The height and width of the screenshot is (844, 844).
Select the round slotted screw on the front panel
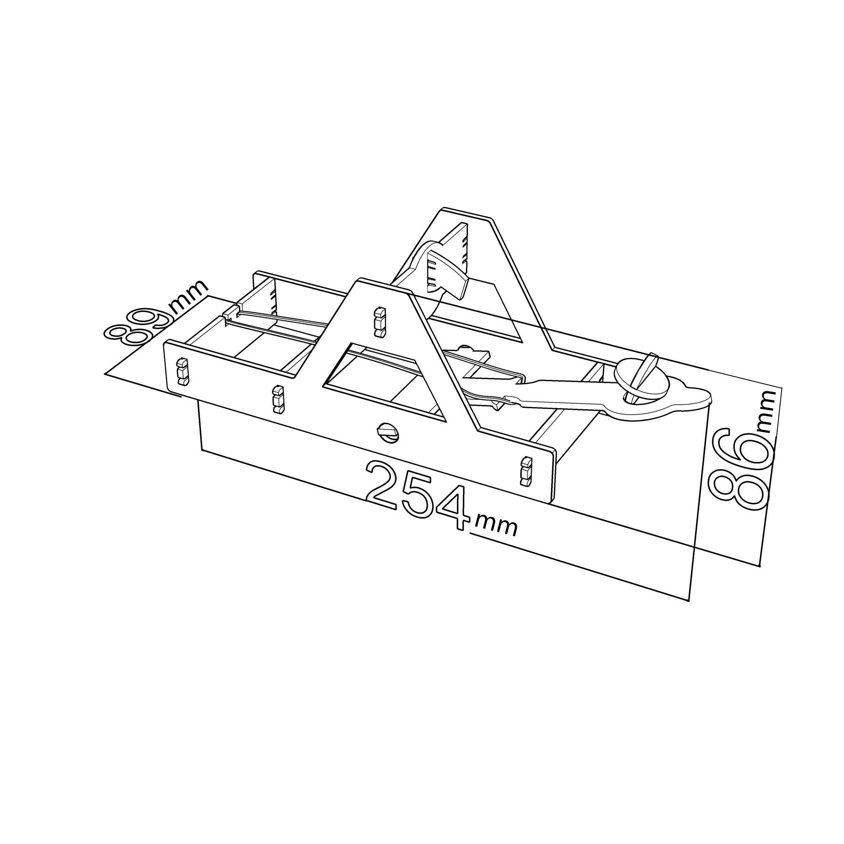[x=387, y=432]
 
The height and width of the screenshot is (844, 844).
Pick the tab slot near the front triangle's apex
[x=379, y=322]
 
